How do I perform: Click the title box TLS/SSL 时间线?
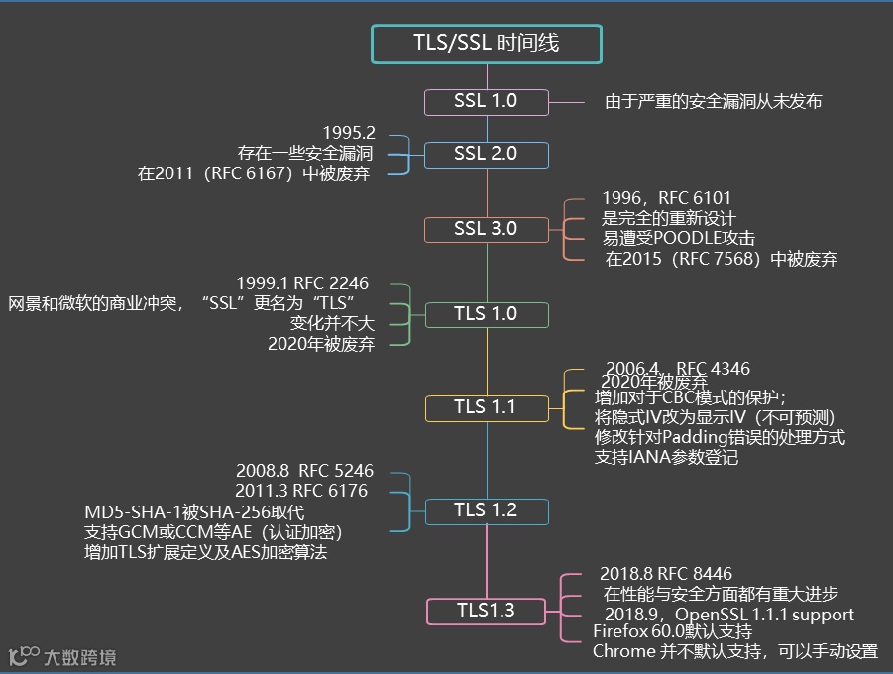[x=486, y=43]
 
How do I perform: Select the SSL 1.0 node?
[x=486, y=101]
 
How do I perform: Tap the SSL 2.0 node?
[x=486, y=154]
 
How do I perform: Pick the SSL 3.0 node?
[x=486, y=229]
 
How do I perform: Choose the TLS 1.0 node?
[x=486, y=314]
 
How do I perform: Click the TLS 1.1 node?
[x=486, y=407]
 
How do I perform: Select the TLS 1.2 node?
[x=486, y=510]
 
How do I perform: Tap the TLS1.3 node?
[x=486, y=610]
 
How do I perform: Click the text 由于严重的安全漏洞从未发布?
[x=714, y=101]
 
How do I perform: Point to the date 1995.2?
[x=349, y=133]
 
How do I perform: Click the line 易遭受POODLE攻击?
[x=678, y=239]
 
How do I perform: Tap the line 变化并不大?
[x=331, y=323]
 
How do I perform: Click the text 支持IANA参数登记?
[x=666, y=458]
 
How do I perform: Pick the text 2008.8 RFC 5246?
[x=304, y=471]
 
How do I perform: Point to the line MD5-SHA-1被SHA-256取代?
[x=194, y=511]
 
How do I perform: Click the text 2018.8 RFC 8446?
[x=666, y=573]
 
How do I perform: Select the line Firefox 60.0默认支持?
[x=672, y=631]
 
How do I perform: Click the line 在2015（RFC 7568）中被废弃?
[x=722, y=260]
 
